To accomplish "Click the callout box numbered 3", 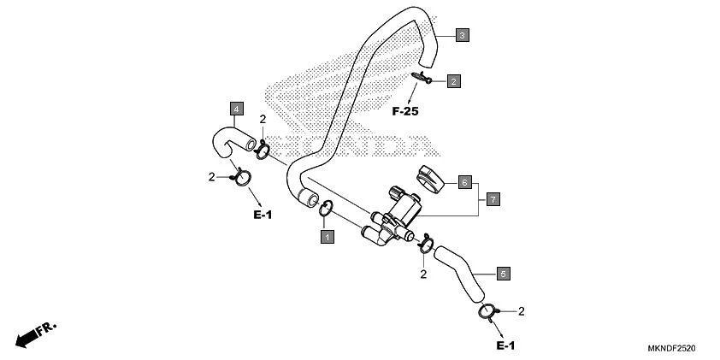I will (462, 35).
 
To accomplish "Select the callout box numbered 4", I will (235, 109).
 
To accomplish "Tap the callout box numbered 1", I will (327, 234).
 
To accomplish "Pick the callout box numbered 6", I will (464, 182).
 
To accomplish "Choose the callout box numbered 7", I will (493, 198).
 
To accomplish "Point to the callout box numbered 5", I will (504, 274).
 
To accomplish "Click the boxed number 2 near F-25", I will (454, 81).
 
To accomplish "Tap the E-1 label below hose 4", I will (262, 215).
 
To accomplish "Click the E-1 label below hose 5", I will (505, 345).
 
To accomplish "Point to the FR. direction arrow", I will (36, 333).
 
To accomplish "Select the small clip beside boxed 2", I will (423, 78).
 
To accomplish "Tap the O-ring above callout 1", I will (327, 208).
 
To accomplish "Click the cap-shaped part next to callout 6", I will (431, 178).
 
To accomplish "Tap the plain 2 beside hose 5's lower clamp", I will (521, 311).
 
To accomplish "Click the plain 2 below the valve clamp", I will (423, 274).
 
